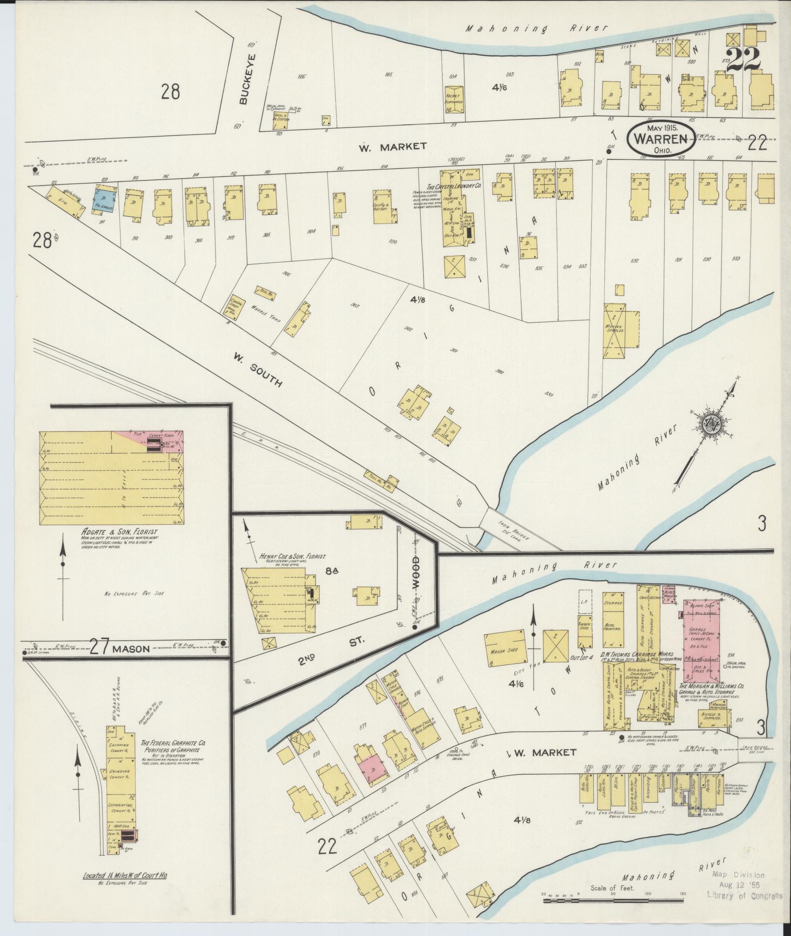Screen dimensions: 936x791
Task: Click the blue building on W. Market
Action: click(x=103, y=200)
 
